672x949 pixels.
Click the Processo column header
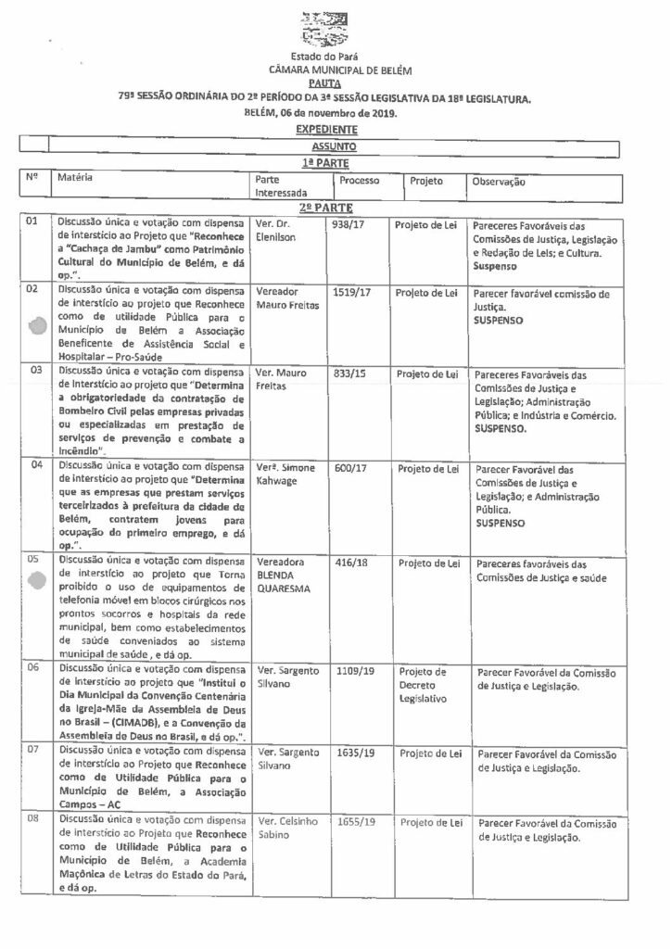point(357,182)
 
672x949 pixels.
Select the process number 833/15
point(348,373)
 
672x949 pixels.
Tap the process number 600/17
point(348,469)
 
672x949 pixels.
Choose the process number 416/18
point(348,563)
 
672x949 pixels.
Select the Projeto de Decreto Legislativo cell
point(422,684)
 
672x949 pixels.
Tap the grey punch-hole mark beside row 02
point(37,326)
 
